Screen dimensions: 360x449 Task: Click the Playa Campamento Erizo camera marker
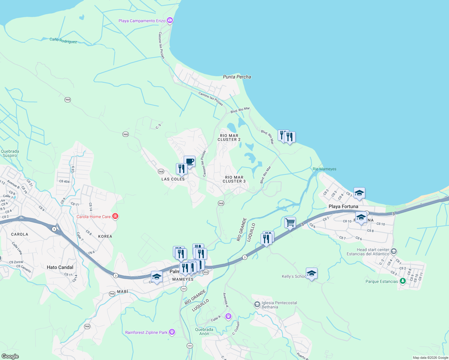[x=170, y=20]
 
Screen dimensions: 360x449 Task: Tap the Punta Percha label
[x=237, y=77]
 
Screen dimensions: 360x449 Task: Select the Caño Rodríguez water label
[x=63, y=40]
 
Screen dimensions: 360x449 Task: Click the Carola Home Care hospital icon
[x=115, y=216]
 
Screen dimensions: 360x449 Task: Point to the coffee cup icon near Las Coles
[x=189, y=162]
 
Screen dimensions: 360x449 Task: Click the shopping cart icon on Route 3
[x=290, y=223]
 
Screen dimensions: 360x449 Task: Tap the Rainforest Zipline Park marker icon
[x=172, y=332]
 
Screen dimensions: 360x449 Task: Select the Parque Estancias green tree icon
[x=403, y=281]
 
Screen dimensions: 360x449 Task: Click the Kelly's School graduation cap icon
[x=312, y=274]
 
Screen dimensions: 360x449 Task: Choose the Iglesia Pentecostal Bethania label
[x=279, y=305]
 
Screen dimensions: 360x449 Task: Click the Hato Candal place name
[x=60, y=267]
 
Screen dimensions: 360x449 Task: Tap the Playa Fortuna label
[x=343, y=206]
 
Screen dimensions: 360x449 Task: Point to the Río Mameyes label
[x=324, y=169]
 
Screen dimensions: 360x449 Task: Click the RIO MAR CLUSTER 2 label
[x=229, y=138]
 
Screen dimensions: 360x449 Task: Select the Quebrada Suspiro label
[x=10, y=153]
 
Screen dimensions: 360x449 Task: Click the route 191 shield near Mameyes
[x=184, y=289]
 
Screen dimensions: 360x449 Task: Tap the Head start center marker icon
[x=394, y=251]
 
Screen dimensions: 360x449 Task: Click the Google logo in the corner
[x=10, y=356]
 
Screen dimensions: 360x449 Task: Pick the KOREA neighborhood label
[x=105, y=236]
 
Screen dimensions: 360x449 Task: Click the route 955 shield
[x=206, y=272]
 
